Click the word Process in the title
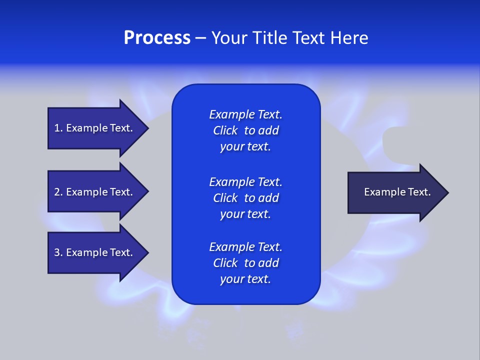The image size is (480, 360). tap(157, 38)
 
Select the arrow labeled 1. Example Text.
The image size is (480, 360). tap(95, 128)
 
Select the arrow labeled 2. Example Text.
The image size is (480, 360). tap(95, 192)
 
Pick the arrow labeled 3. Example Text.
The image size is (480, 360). tap(95, 252)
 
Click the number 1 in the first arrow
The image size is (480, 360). tap(57, 128)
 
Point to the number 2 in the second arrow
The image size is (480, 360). tap(57, 192)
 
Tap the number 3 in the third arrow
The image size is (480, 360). tap(57, 252)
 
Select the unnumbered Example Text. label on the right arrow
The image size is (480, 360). tap(397, 192)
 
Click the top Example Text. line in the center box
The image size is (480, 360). tap(245, 114)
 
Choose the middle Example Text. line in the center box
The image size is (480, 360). tap(245, 181)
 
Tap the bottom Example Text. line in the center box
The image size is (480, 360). tap(245, 247)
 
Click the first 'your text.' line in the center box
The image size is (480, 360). tap(245, 147)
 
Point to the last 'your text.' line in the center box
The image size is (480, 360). tap(245, 279)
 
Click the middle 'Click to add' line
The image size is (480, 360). tap(245, 198)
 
